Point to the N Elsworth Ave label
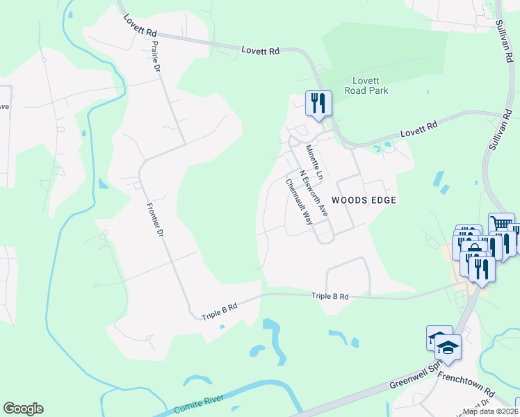click(x=313, y=193)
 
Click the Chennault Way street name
click(x=299, y=202)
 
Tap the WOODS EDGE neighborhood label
click(x=364, y=200)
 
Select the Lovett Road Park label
click(x=370, y=85)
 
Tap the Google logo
click(x=23, y=409)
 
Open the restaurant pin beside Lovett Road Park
click(x=318, y=103)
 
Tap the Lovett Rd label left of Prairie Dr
click(x=141, y=32)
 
